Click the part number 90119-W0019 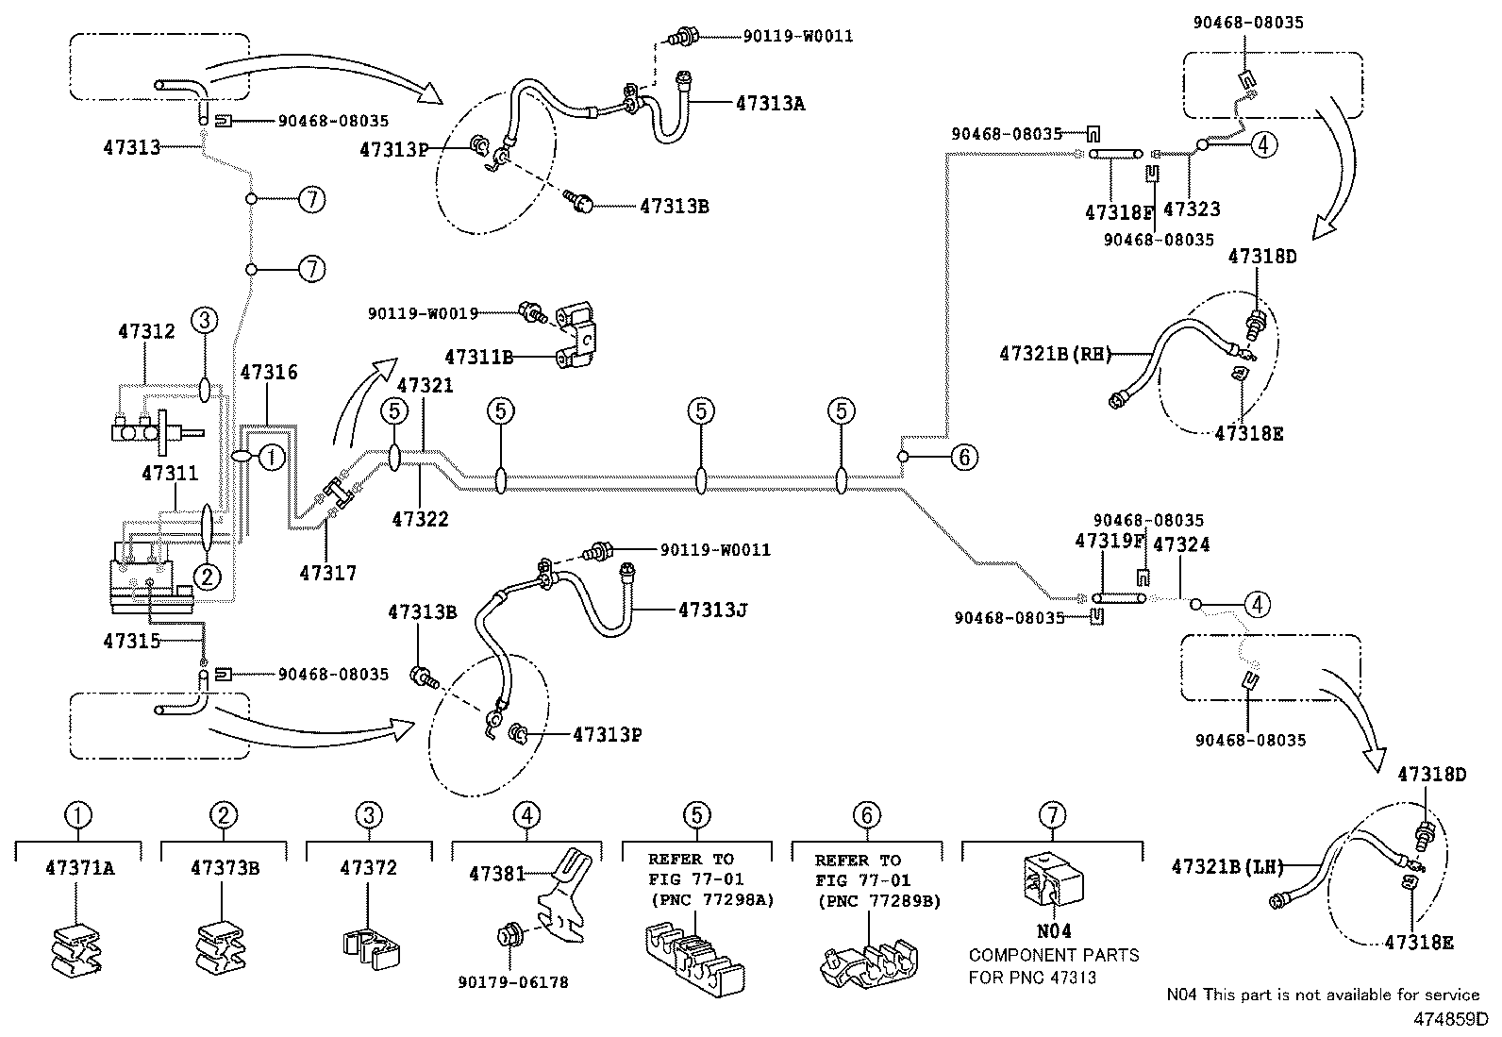[x=423, y=312]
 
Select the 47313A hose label [x=770, y=104]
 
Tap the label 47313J [x=712, y=610]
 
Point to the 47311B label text [x=478, y=357]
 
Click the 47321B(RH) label [x=1055, y=354]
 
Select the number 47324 [x=1181, y=544]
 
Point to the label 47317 [x=327, y=572]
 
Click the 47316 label [x=269, y=372]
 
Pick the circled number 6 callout [x=963, y=458]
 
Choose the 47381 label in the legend [x=496, y=874]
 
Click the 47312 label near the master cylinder [x=146, y=331]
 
